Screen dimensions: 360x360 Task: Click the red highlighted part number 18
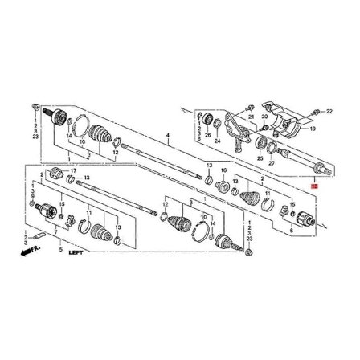click(x=315, y=186)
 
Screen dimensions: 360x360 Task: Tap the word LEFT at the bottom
click(x=77, y=252)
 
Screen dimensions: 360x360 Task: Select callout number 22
click(x=329, y=110)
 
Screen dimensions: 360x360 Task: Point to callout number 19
click(x=313, y=129)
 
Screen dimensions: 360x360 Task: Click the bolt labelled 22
click(x=317, y=110)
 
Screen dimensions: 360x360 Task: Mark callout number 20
click(x=264, y=117)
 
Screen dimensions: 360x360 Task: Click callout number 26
click(x=207, y=135)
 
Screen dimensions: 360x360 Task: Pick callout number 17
click(x=73, y=171)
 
